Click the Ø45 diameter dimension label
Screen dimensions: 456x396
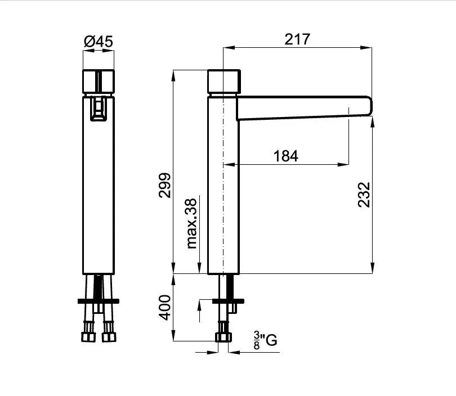click(99, 41)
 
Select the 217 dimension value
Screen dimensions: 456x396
click(297, 39)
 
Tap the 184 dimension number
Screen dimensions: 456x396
click(285, 156)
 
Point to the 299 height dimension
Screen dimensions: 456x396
click(165, 186)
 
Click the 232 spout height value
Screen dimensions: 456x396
click(364, 195)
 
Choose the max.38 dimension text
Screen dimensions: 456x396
click(191, 223)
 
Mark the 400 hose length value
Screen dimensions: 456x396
click(165, 308)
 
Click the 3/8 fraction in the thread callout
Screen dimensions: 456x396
click(257, 340)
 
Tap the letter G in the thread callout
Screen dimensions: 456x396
click(271, 340)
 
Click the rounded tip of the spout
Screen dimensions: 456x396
click(369, 106)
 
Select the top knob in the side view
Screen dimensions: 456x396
click(224, 82)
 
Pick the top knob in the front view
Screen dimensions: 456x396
click(99, 82)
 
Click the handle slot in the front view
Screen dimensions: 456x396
click(99, 109)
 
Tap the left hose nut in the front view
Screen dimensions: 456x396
click(88, 337)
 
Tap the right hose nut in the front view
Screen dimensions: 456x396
click(109, 337)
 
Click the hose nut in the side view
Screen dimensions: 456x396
click(223, 337)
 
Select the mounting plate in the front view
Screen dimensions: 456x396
click(99, 301)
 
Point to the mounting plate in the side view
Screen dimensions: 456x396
click(228, 301)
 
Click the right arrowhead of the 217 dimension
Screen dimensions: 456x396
click(366, 48)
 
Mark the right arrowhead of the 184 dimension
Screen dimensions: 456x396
click(343, 164)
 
